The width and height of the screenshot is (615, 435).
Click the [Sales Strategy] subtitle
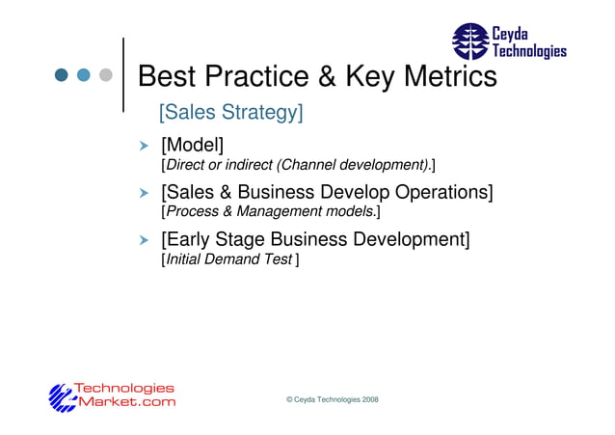pos(230,113)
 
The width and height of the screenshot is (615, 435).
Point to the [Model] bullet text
pos(192,146)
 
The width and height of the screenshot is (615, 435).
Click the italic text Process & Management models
pos(271,211)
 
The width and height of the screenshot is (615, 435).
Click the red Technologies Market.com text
pos(125,395)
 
